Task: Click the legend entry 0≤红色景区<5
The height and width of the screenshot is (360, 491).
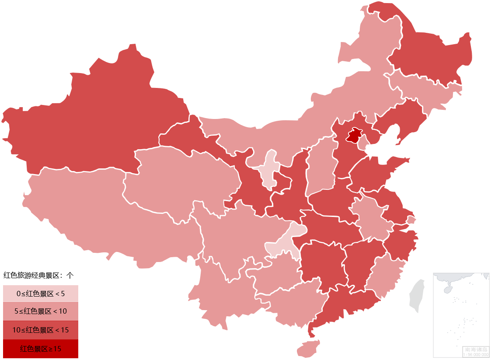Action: (x=41, y=294)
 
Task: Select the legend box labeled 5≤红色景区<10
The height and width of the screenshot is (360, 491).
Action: (x=41, y=311)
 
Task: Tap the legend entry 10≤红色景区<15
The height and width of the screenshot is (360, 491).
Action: (x=41, y=330)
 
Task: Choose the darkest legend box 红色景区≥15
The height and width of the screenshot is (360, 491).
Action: (x=41, y=349)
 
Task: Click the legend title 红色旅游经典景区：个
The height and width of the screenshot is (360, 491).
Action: (x=38, y=275)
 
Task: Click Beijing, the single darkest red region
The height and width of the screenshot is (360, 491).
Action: (x=354, y=136)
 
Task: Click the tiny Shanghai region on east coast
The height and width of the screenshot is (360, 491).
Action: (x=411, y=220)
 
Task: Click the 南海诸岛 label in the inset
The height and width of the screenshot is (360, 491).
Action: (x=476, y=350)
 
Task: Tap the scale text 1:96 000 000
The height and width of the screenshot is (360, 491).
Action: (x=476, y=354)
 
